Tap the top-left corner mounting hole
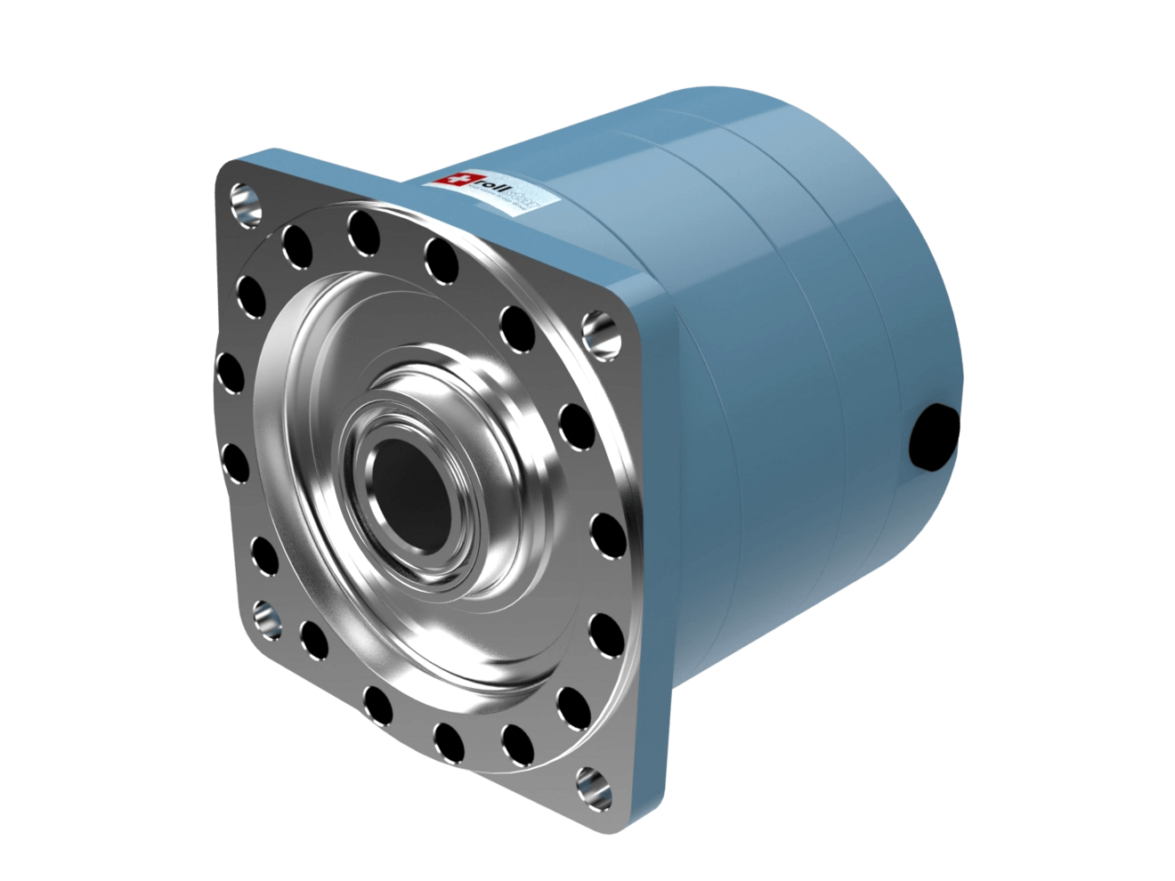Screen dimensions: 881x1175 click(x=246, y=201)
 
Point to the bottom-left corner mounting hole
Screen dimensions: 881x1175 click(x=266, y=615)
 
